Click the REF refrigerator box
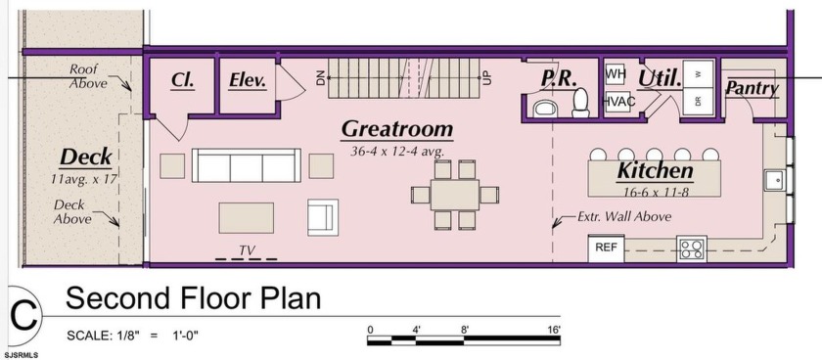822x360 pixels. click(606, 248)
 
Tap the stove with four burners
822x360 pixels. click(692, 248)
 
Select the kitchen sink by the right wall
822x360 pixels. click(774, 180)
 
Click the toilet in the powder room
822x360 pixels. click(581, 103)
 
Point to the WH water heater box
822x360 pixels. click(616, 74)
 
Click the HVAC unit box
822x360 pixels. click(620, 101)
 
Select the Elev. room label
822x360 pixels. click(248, 80)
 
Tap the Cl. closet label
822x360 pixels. click(182, 80)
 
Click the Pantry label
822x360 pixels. click(752, 88)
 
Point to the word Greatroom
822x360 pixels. click(397, 129)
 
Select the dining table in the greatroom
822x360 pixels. click(455, 195)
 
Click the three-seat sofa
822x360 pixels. click(247, 165)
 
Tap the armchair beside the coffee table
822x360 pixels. click(323, 217)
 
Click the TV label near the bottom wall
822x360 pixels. click(247, 250)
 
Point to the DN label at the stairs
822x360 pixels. click(321, 77)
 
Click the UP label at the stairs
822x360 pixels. click(487, 77)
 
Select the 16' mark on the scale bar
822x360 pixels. click(554, 329)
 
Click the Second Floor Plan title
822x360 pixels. click(193, 298)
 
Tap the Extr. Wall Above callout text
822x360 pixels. click(624, 216)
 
